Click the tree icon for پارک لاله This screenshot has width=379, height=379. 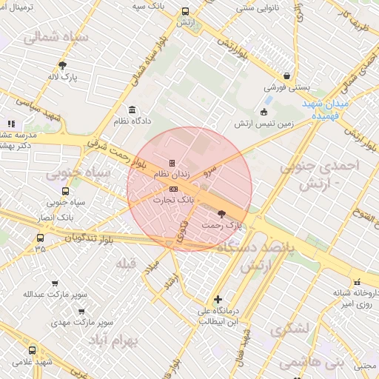[x=62, y=65]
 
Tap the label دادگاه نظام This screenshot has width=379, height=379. [x=133, y=121]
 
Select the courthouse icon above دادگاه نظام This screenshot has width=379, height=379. [x=133, y=110]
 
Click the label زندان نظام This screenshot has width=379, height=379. [x=172, y=174]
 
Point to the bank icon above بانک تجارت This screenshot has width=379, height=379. [x=173, y=189]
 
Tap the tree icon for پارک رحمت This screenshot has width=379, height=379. [x=222, y=213]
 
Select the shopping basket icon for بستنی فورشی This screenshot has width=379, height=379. [x=286, y=76]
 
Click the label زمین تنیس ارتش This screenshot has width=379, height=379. [x=265, y=123]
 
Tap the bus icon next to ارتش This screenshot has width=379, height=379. [x=184, y=12]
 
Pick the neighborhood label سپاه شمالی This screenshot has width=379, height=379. [x=56, y=37]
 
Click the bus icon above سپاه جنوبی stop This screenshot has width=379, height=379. [x=66, y=191]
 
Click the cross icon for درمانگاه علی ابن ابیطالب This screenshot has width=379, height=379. [x=218, y=300]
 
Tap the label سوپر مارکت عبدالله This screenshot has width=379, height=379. [x=50, y=294]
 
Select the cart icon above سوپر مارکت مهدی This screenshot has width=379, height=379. [x=81, y=312]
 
